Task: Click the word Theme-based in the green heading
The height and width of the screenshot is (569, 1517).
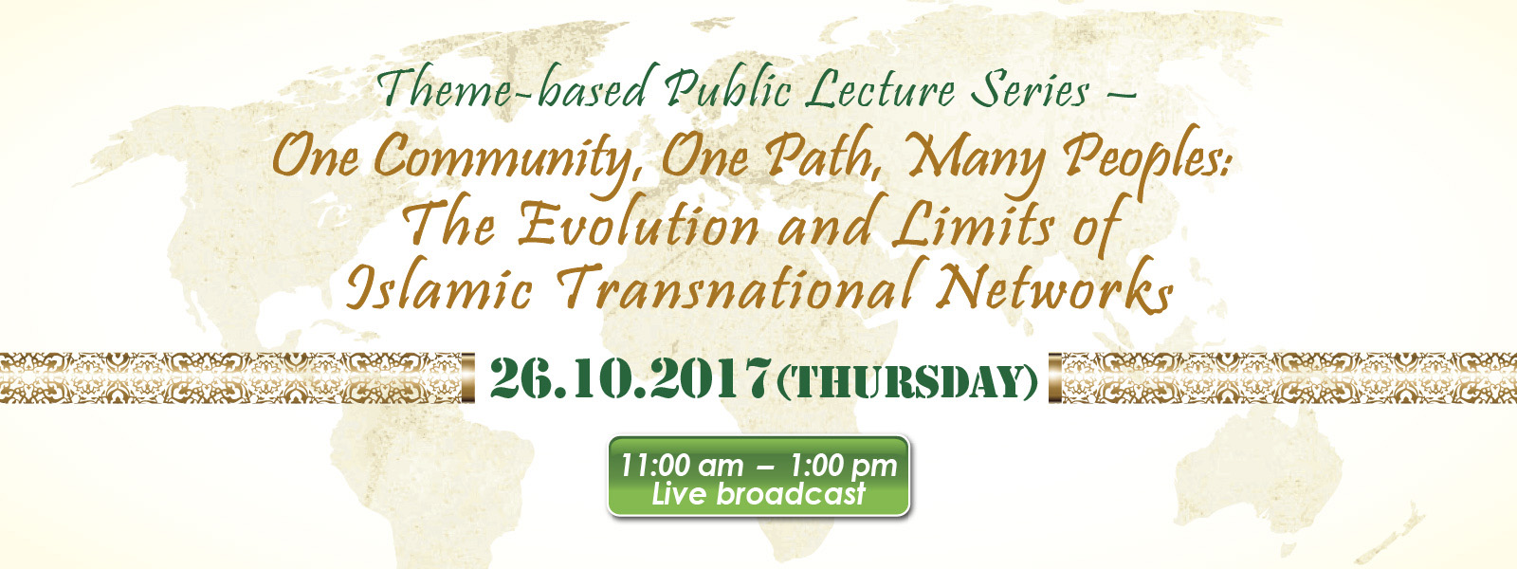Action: click(x=514, y=88)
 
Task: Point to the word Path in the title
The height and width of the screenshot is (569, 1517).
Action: click(x=819, y=156)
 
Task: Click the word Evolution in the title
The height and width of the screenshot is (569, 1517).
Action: click(x=638, y=224)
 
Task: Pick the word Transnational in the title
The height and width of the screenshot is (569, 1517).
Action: click(x=740, y=286)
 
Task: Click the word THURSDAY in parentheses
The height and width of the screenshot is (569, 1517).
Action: click(x=908, y=380)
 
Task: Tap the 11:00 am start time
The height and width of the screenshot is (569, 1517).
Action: click(x=682, y=466)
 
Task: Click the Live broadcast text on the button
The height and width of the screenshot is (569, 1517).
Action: click(x=758, y=494)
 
